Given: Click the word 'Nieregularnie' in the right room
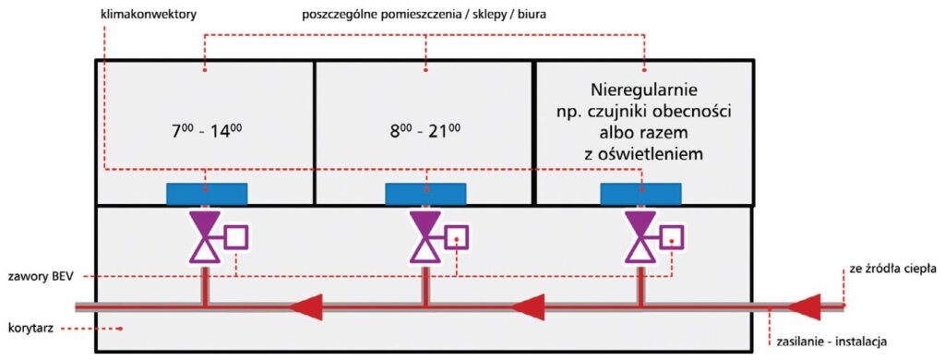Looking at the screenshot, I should pyautogui.click(x=644, y=91).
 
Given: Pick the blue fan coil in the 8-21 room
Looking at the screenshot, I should pyautogui.click(x=425, y=194).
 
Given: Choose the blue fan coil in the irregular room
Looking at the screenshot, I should pyautogui.click(x=641, y=194).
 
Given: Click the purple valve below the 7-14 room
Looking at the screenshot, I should pyautogui.click(x=204, y=237).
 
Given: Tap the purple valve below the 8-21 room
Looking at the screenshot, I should pyautogui.click(x=425, y=237).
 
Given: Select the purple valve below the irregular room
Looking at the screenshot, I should pyautogui.click(x=640, y=237).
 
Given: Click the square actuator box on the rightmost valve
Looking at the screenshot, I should pyautogui.click(x=672, y=237).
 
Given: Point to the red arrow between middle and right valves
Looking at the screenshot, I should pyautogui.click(x=528, y=305).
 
